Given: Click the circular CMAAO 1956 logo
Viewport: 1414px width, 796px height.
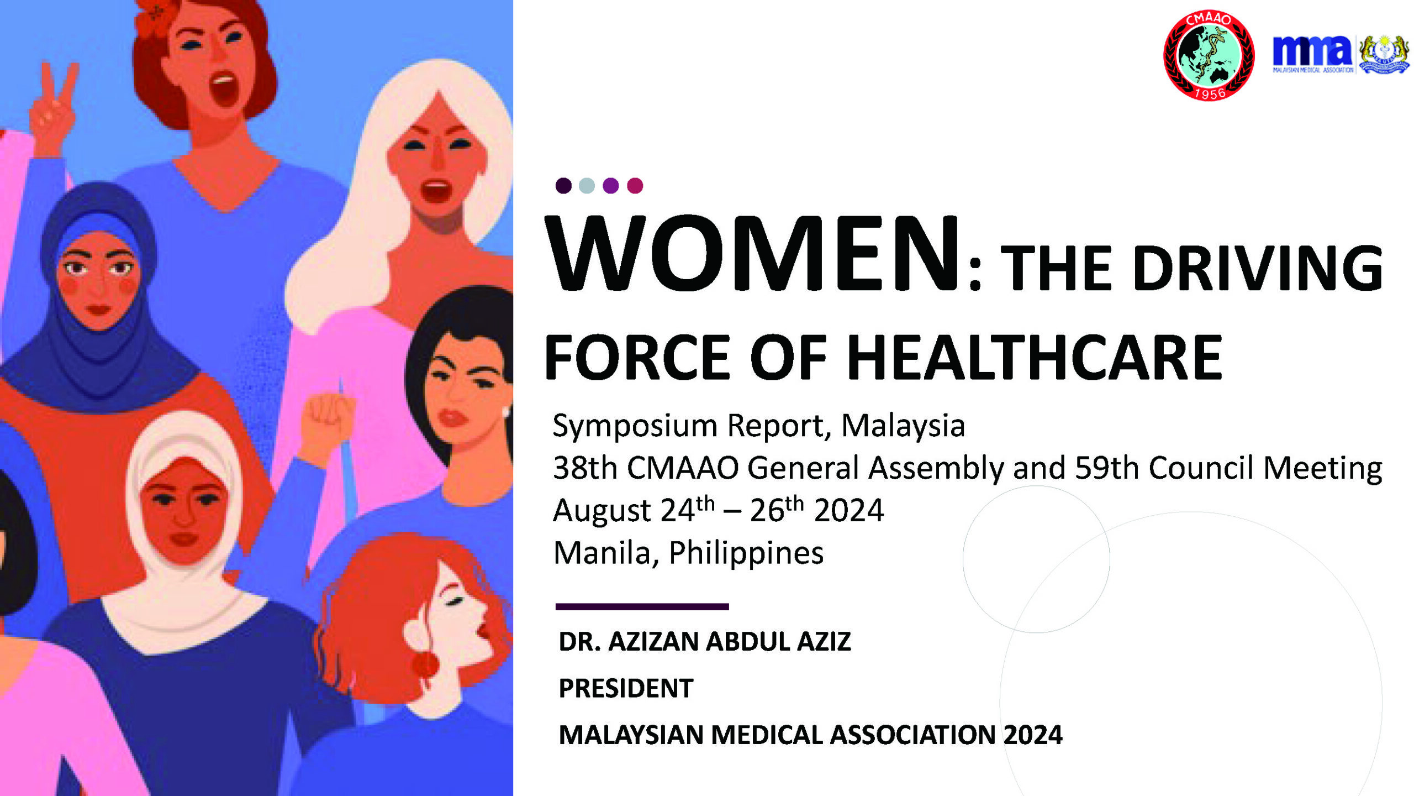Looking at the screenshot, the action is coord(1209,55).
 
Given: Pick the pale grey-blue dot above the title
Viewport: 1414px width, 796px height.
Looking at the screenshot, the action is coord(587,185).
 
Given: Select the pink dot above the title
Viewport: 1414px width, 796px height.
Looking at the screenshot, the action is coord(635,185).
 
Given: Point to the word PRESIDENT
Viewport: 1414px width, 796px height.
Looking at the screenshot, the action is coord(626,688).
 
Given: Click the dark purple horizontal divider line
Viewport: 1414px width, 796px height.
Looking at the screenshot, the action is coord(642,606).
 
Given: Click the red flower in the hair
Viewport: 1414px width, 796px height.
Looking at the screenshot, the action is coord(158,17).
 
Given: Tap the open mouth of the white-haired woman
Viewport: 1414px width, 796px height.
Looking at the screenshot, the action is coord(436,191).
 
